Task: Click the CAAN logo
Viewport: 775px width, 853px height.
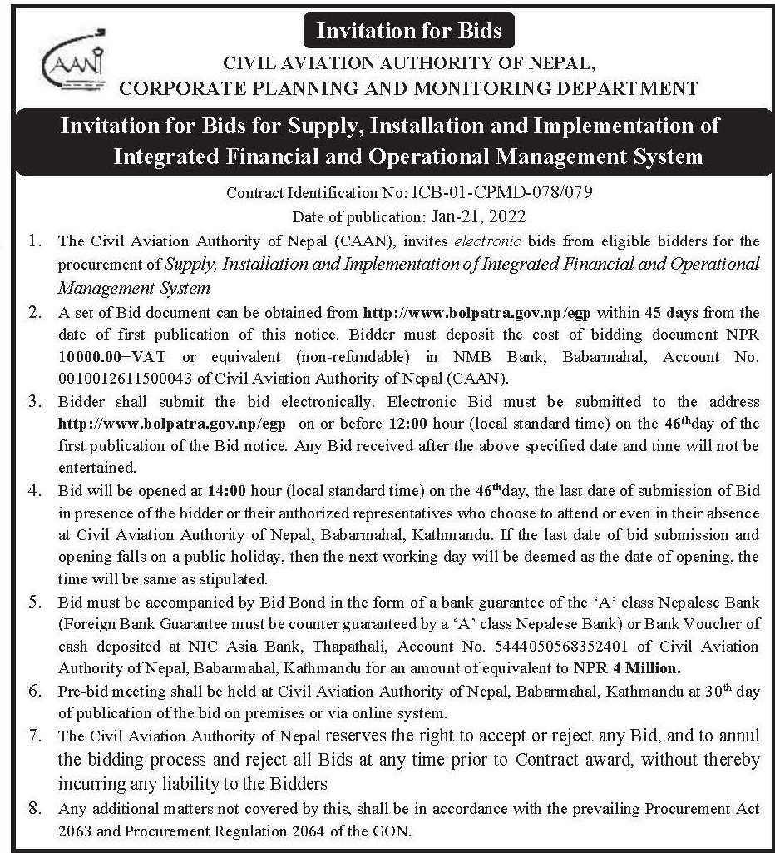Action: click(x=73, y=62)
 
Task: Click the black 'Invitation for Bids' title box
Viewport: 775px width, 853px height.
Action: click(x=409, y=32)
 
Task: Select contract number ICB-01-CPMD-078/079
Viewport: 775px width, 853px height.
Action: click(x=501, y=193)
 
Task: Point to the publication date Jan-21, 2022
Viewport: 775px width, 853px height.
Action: click(x=479, y=216)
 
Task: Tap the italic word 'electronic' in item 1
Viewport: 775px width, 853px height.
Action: click(x=488, y=241)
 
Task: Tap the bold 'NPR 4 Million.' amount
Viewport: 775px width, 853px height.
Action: click(x=628, y=667)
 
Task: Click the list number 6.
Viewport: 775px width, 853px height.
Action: click(x=34, y=691)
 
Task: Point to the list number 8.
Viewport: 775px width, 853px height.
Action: click(x=34, y=808)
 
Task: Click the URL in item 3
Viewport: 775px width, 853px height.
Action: click(x=171, y=424)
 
